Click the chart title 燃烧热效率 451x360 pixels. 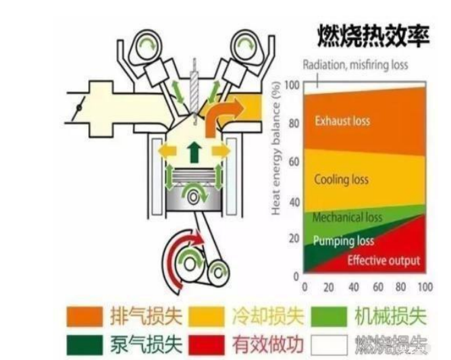coord(373,36)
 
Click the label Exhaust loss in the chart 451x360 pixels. coord(342,122)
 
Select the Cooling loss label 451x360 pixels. coord(342,180)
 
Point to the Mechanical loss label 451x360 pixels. coord(347,218)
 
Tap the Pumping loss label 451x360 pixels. coord(343,241)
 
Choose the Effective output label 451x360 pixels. coord(383,261)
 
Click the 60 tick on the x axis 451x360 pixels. coord(378,288)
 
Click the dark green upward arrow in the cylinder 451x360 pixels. coord(194,152)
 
